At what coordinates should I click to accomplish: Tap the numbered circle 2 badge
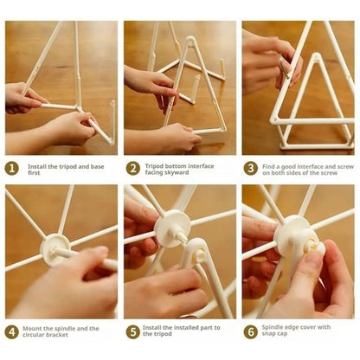[x=133, y=168]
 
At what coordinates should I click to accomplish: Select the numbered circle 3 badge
[x=251, y=168]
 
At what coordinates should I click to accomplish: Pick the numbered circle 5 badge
[x=133, y=331]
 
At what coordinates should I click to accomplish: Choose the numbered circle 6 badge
[x=251, y=331]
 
